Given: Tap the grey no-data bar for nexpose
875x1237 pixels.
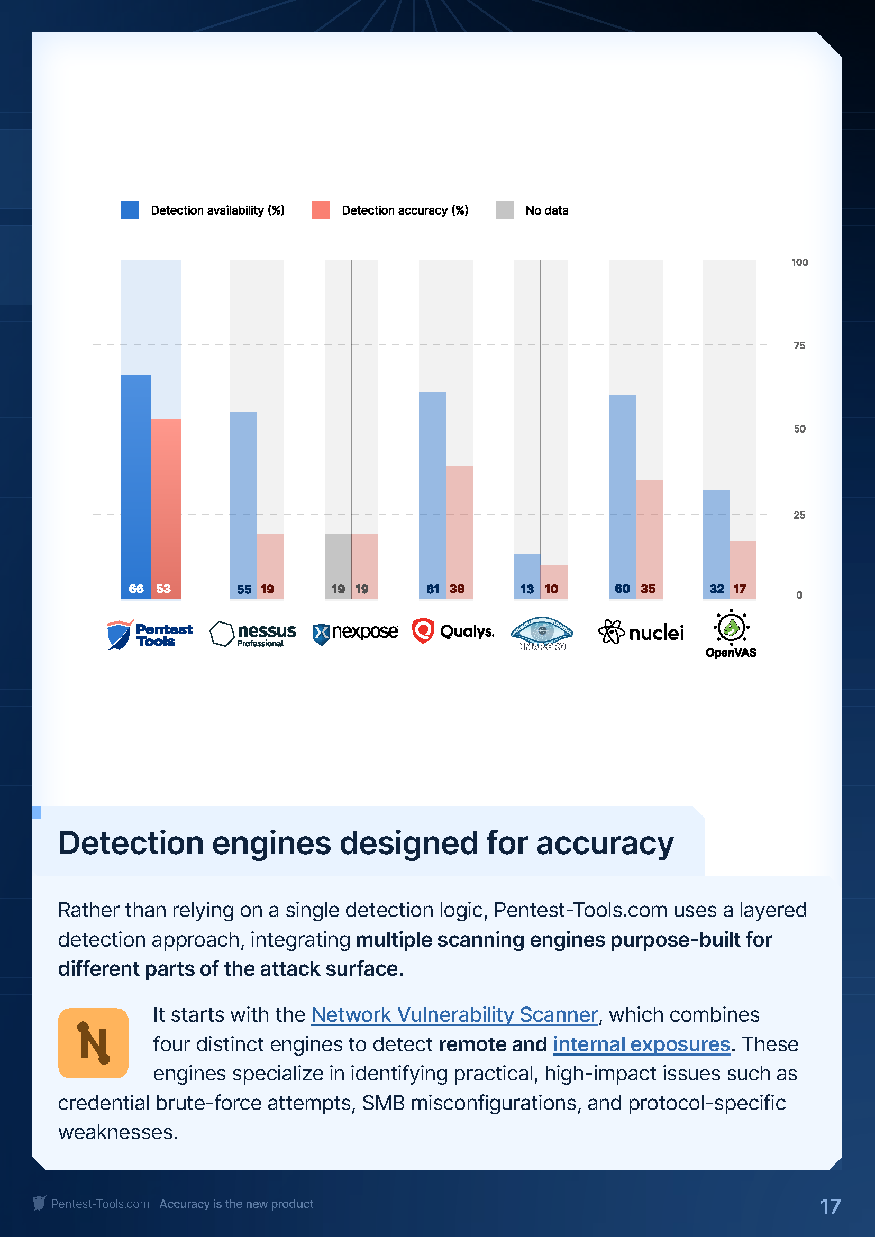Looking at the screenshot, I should [x=338, y=563].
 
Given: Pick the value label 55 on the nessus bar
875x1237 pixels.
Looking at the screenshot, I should [x=244, y=589].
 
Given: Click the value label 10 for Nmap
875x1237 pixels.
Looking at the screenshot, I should [x=551, y=589].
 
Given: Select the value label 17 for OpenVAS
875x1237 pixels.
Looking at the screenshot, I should [x=739, y=589].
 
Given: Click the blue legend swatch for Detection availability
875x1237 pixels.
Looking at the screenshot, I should [x=130, y=210].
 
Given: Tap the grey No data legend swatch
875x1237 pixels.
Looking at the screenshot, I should [x=504, y=210].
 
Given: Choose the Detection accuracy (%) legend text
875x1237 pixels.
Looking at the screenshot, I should [x=405, y=210].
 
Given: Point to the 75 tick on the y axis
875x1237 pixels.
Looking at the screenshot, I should [x=799, y=345].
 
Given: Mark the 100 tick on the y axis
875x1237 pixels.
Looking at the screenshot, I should [x=799, y=262].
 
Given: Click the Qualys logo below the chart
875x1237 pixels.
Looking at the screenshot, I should [x=453, y=631].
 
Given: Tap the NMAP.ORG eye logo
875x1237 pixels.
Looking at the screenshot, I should [x=542, y=634].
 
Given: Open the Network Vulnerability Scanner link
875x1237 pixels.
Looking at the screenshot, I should [x=454, y=1015].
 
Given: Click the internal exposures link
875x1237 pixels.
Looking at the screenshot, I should [x=641, y=1044].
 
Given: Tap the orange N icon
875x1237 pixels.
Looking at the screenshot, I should [x=93, y=1043].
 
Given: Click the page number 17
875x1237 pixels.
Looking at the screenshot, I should [x=830, y=1206].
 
